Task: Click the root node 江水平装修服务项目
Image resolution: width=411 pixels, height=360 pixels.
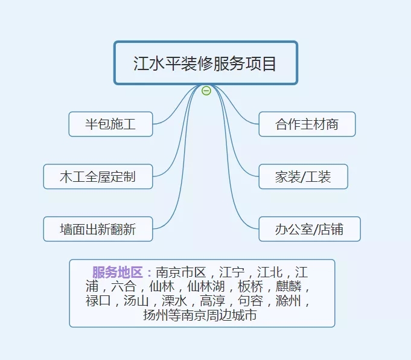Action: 205,63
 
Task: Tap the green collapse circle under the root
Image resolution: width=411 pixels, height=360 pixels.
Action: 206,91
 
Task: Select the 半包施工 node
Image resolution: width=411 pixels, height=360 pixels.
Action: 110,124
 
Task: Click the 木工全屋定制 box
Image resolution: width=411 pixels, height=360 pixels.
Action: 98,176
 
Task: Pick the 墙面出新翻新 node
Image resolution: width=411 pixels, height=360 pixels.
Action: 98,229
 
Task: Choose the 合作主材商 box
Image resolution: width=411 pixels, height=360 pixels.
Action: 307,124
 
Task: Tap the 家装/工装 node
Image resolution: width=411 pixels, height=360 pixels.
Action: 303,176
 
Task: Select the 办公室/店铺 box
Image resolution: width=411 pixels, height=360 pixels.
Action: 309,229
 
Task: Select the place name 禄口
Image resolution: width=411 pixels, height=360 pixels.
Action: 98,300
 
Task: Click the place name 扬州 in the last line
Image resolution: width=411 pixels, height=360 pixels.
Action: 155,315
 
